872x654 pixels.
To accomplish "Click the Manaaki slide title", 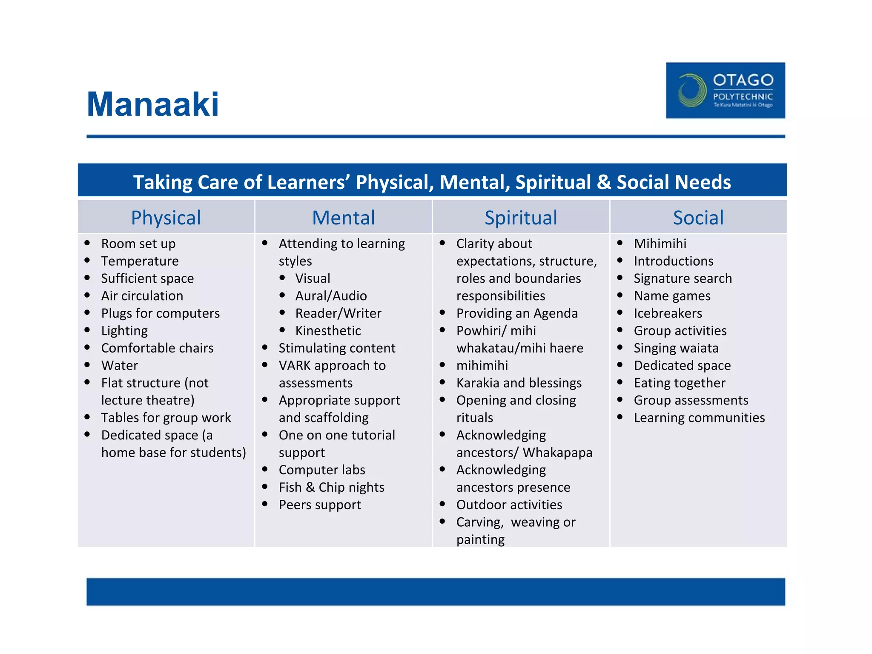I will (x=152, y=104).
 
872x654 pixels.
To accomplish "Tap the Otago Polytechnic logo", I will (x=725, y=90).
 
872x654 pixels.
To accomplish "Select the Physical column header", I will (x=166, y=218).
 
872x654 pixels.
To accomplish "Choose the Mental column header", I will (x=344, y=218).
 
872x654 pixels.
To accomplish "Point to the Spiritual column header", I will (x=521, y=218).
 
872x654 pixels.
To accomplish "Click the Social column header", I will (x=698, y=218).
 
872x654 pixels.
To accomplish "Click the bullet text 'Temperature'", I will (x=140, y=261).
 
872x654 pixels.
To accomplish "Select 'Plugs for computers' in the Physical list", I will (x=160, y=313).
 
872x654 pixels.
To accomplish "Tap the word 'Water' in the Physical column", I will (x=120, y=365).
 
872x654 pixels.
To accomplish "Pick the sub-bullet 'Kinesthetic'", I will (x=328, y=331).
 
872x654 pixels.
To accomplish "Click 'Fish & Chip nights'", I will (x=331, y=487).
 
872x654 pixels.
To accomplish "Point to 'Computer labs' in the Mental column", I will (x=322, y=470).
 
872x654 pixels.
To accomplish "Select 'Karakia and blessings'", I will (x=519, y=383).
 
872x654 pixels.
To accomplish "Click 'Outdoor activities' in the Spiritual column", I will (x=509, y=505).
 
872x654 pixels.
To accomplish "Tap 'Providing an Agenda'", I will (x=517, y=313).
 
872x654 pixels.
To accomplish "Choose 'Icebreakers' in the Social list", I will (x=668, y=313).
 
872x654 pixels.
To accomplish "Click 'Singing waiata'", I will (x=676, y=348).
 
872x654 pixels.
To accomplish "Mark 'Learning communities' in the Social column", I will (x=699, y=418).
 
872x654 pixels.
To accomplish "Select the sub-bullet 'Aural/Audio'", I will (x=331, y=296).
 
